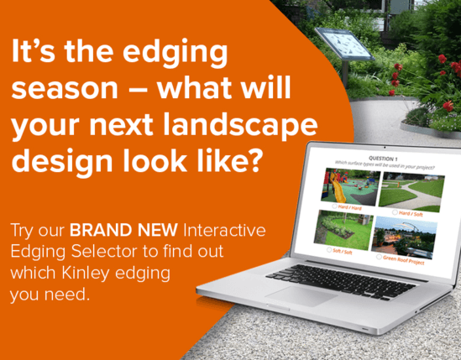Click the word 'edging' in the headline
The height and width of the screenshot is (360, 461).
[x=181, y=54]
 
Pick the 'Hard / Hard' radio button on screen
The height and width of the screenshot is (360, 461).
[x=334, y=206]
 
